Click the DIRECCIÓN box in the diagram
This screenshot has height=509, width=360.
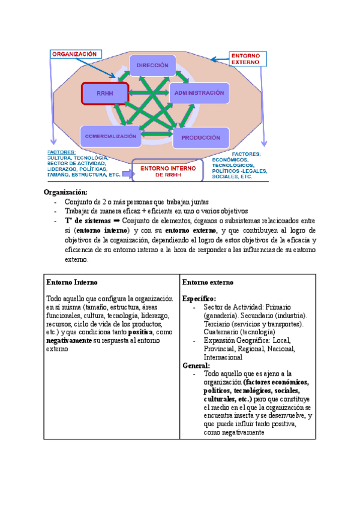[x=152, y=65]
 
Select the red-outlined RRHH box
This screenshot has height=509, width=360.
[x=104, y=94]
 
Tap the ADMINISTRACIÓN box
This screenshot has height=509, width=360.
[x=200, y=93]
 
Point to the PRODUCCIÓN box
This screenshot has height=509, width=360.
[x=200, y=137]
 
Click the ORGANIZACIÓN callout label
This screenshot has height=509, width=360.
[x=75, y=53]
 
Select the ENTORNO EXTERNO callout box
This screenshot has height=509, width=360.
[x=245, y=58]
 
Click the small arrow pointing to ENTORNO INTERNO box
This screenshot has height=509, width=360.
[x=126, y=174]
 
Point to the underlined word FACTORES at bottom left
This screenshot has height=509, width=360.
[x=61, y=152]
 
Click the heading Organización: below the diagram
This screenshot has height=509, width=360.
[x=65, y=192]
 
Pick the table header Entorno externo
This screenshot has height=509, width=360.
[x=208, y=282]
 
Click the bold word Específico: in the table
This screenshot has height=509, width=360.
[x=199, y=298]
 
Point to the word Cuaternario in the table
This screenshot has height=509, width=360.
[x=220, y=332]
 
